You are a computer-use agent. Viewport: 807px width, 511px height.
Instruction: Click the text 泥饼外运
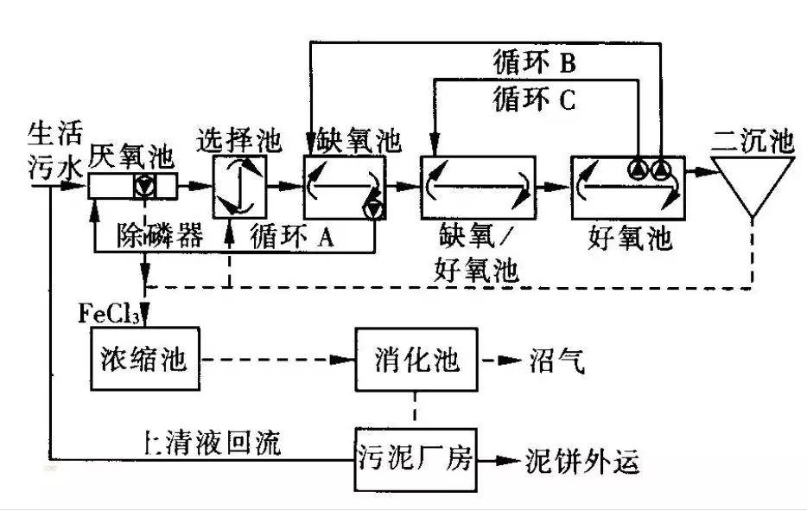pos(582,462)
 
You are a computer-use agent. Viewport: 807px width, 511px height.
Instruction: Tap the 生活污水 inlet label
pos(54,149)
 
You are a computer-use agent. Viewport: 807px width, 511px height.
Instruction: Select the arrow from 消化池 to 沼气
pos(499,360)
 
